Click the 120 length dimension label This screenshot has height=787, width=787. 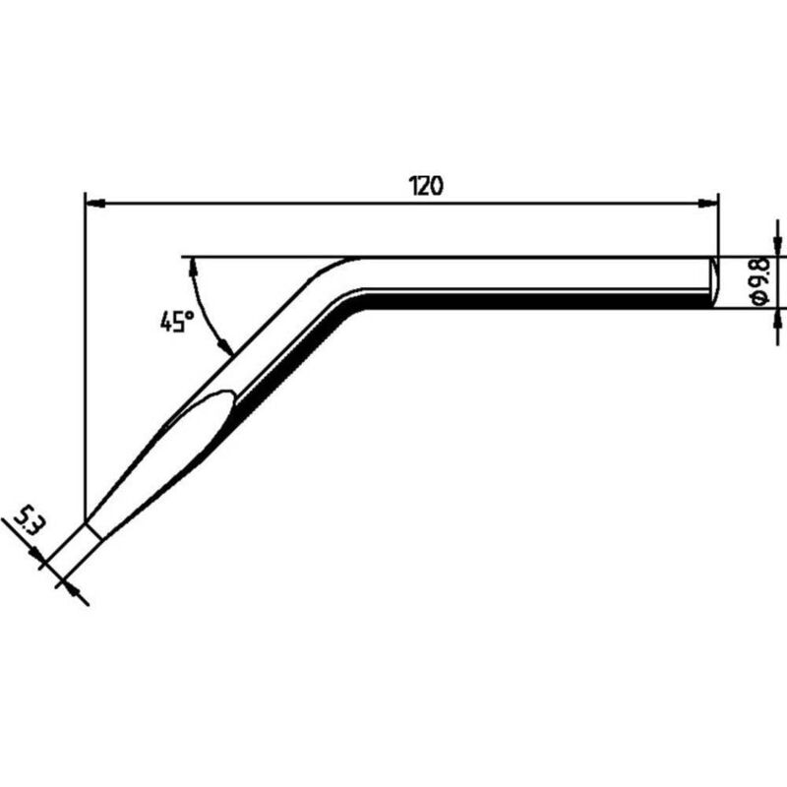point(427,186)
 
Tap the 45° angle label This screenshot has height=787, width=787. point(177,322)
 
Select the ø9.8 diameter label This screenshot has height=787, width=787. point(760,281)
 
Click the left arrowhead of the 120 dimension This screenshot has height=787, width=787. point(95,204)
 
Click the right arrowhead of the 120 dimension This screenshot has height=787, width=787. point(708,204)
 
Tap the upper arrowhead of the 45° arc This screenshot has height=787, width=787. point(192,267)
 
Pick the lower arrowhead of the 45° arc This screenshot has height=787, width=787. point(224,345)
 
